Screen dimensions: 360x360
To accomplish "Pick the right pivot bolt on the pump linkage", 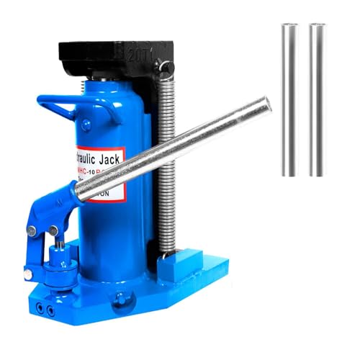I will coord(53,230).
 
